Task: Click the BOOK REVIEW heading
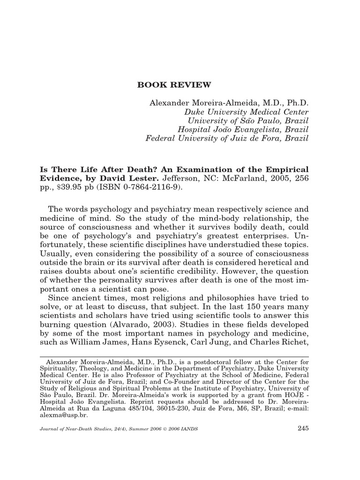pos(174,85)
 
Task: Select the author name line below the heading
pos(229,103)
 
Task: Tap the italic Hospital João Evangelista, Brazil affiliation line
pos(243,129)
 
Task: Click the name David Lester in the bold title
pos(135,179)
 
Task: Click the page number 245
pos(303,427)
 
